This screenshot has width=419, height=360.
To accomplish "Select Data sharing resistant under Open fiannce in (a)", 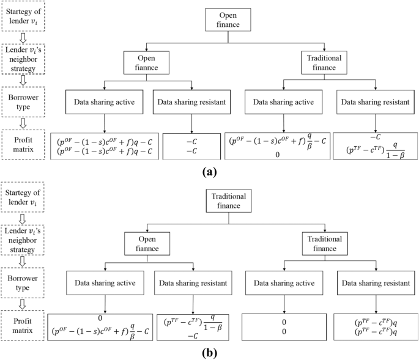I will [193, 101].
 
